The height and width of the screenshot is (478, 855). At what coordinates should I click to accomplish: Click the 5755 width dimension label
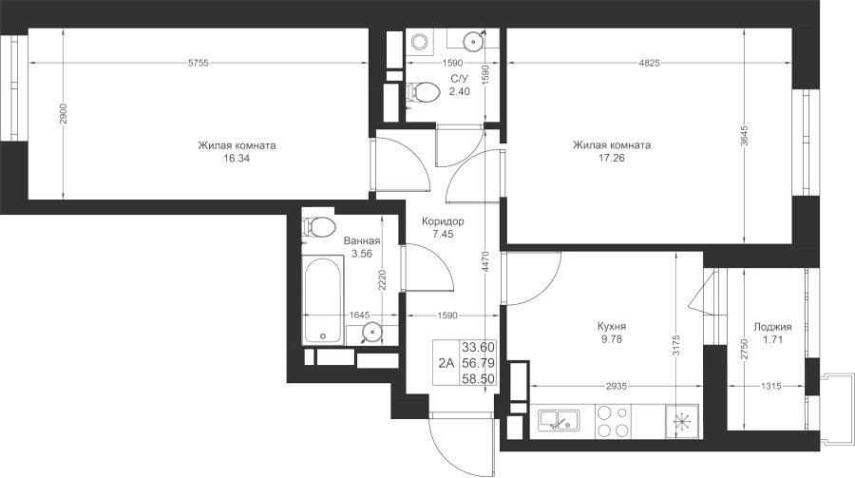click(x=199, y=63)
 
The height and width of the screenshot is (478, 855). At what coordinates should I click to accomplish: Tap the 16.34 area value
click(x=237, y=159)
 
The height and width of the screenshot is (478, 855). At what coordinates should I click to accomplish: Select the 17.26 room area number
click(x=611, y=158)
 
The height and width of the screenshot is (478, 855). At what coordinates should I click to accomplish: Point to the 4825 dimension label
click(x=650, y=63)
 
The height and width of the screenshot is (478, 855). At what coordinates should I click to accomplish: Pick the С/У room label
click(x=459, y=79)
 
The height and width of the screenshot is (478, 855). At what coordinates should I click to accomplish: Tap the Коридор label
click(x=443, y=221)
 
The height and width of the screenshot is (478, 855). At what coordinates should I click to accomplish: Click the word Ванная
click(x=362, y=240)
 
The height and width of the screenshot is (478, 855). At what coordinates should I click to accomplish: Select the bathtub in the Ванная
click(x=323, y=300)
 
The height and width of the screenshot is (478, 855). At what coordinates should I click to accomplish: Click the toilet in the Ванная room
click(x=318, y=226)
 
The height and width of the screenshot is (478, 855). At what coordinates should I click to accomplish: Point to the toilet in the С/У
click(x=423, y=92)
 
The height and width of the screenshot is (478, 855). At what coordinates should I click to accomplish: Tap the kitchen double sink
click(x=559, y=421)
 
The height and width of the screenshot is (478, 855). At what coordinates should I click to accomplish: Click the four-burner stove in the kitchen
click(x=613, y=421)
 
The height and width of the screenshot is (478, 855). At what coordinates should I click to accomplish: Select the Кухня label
click(x=612, y=326)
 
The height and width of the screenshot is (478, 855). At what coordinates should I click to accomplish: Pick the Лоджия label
click(x=772, y=327)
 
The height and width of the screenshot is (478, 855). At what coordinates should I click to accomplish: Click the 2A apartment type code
click(x=446, y=363)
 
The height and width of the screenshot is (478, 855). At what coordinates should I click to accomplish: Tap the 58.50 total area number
click(x=478, y=378)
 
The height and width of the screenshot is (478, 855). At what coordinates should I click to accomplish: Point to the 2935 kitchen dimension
click(x=617, y=386)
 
